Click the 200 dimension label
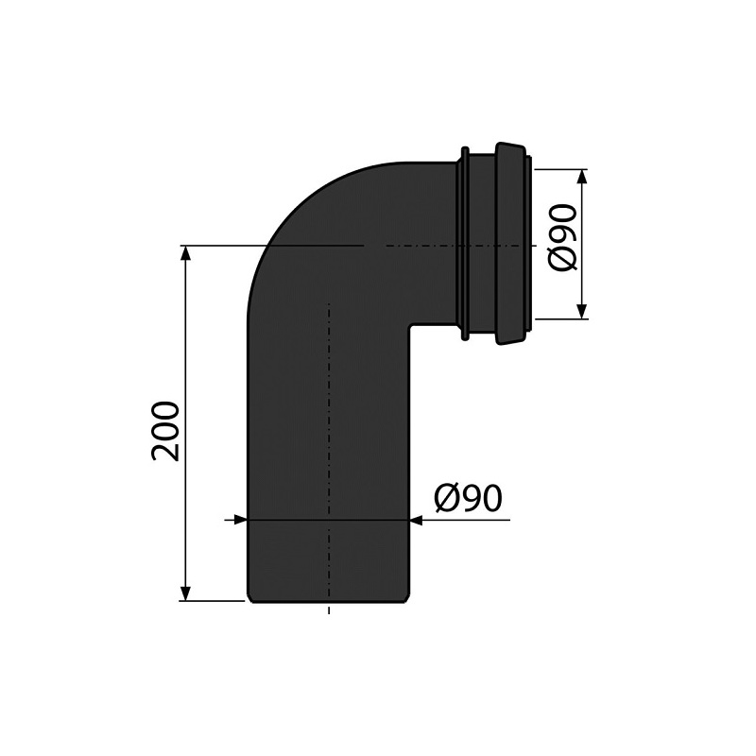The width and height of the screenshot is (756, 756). pos(166,431)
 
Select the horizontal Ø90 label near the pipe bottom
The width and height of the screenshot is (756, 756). pos(468,498)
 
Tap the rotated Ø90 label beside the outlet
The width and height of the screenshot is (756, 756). pos(563,237)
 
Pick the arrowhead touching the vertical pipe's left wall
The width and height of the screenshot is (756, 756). pos(240,519)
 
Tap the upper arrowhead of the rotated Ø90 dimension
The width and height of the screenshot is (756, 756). pos(582,177)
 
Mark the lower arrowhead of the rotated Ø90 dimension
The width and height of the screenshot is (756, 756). pos(582,311)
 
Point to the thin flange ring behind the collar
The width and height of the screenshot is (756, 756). pos(464,243)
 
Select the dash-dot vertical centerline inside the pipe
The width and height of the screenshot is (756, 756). pos(329,425)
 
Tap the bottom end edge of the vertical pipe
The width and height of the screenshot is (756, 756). pos(328,599)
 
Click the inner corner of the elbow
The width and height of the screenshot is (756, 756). pos(410,327)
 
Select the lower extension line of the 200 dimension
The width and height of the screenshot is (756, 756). pos(213,600)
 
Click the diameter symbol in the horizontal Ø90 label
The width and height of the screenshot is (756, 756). pos(447,498)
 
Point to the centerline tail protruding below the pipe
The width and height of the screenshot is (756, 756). pos(329,609)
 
